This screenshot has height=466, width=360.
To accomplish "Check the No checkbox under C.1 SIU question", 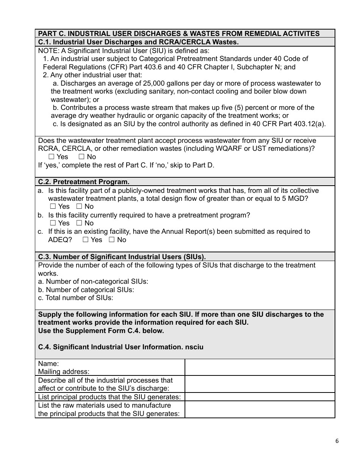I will (81, 157).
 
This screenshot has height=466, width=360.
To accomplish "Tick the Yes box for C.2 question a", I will (53, 206).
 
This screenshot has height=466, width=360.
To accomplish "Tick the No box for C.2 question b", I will (79, 223).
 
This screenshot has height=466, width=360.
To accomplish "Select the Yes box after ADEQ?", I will (85, 240).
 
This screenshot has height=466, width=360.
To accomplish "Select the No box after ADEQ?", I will (112, 240).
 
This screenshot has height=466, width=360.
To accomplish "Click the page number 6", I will (337, 441).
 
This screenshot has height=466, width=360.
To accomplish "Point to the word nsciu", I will (194, 347).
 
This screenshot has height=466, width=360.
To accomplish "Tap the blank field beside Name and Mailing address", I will (260, 367).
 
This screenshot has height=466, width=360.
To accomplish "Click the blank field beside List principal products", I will (260, 397).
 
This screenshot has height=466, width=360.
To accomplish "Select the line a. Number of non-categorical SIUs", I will (93, 281).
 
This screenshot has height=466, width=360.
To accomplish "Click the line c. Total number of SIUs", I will (76, 298).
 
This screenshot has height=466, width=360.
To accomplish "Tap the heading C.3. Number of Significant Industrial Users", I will (122, 257).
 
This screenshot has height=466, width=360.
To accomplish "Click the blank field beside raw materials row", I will (260, 410).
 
